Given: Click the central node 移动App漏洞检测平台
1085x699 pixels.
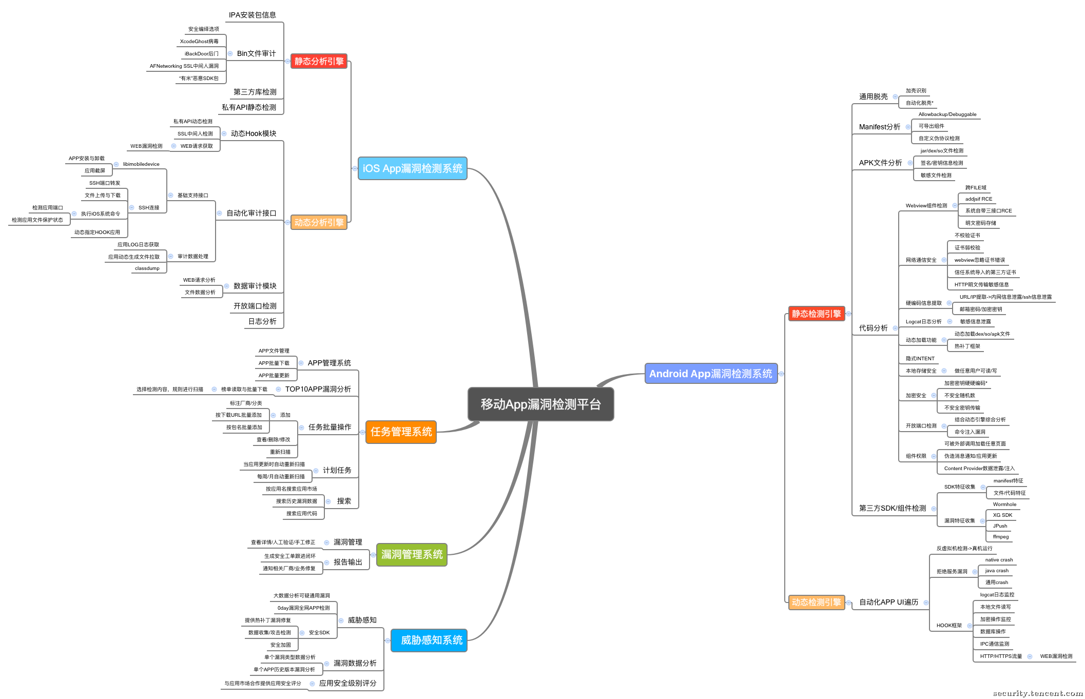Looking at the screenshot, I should (x=540, y=404).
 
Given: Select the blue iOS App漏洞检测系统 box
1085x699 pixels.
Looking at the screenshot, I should (x=412, y=168).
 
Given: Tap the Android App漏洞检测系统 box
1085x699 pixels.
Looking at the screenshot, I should (x=710, y=374).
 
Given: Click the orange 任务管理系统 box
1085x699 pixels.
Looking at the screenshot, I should (x=401, y=432).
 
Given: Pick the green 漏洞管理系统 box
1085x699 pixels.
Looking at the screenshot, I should (x=412, y=554).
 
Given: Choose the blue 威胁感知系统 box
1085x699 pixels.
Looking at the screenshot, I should (x=429, y=640).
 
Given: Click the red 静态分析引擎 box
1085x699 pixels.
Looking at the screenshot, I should (x=319, y=61).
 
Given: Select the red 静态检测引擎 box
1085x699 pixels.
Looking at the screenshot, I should (x=816, y=314).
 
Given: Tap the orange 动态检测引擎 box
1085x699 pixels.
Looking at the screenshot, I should (x=816, y=602).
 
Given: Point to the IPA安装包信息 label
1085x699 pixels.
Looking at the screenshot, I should (x=252, y=15).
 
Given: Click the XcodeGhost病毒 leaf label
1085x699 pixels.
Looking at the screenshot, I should (x=199, y=42).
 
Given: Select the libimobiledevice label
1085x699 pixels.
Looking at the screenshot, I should (x=141, y=164).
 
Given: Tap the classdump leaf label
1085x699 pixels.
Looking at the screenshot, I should (x=147, y=268).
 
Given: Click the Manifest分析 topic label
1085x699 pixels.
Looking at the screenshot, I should (x=879, y=127).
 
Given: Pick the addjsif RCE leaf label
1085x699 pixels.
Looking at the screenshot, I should (x=978, y=199).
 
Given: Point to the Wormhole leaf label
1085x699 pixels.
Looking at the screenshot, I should (x=1004, y=504).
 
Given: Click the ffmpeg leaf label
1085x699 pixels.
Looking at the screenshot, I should (x=1000, y=537).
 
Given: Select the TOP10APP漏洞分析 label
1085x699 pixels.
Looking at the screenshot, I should (x=318, y=389).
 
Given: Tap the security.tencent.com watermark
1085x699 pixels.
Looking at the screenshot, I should (x=1037, y=693).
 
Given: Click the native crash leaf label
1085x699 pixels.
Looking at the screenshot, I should (x=999, y=560).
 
